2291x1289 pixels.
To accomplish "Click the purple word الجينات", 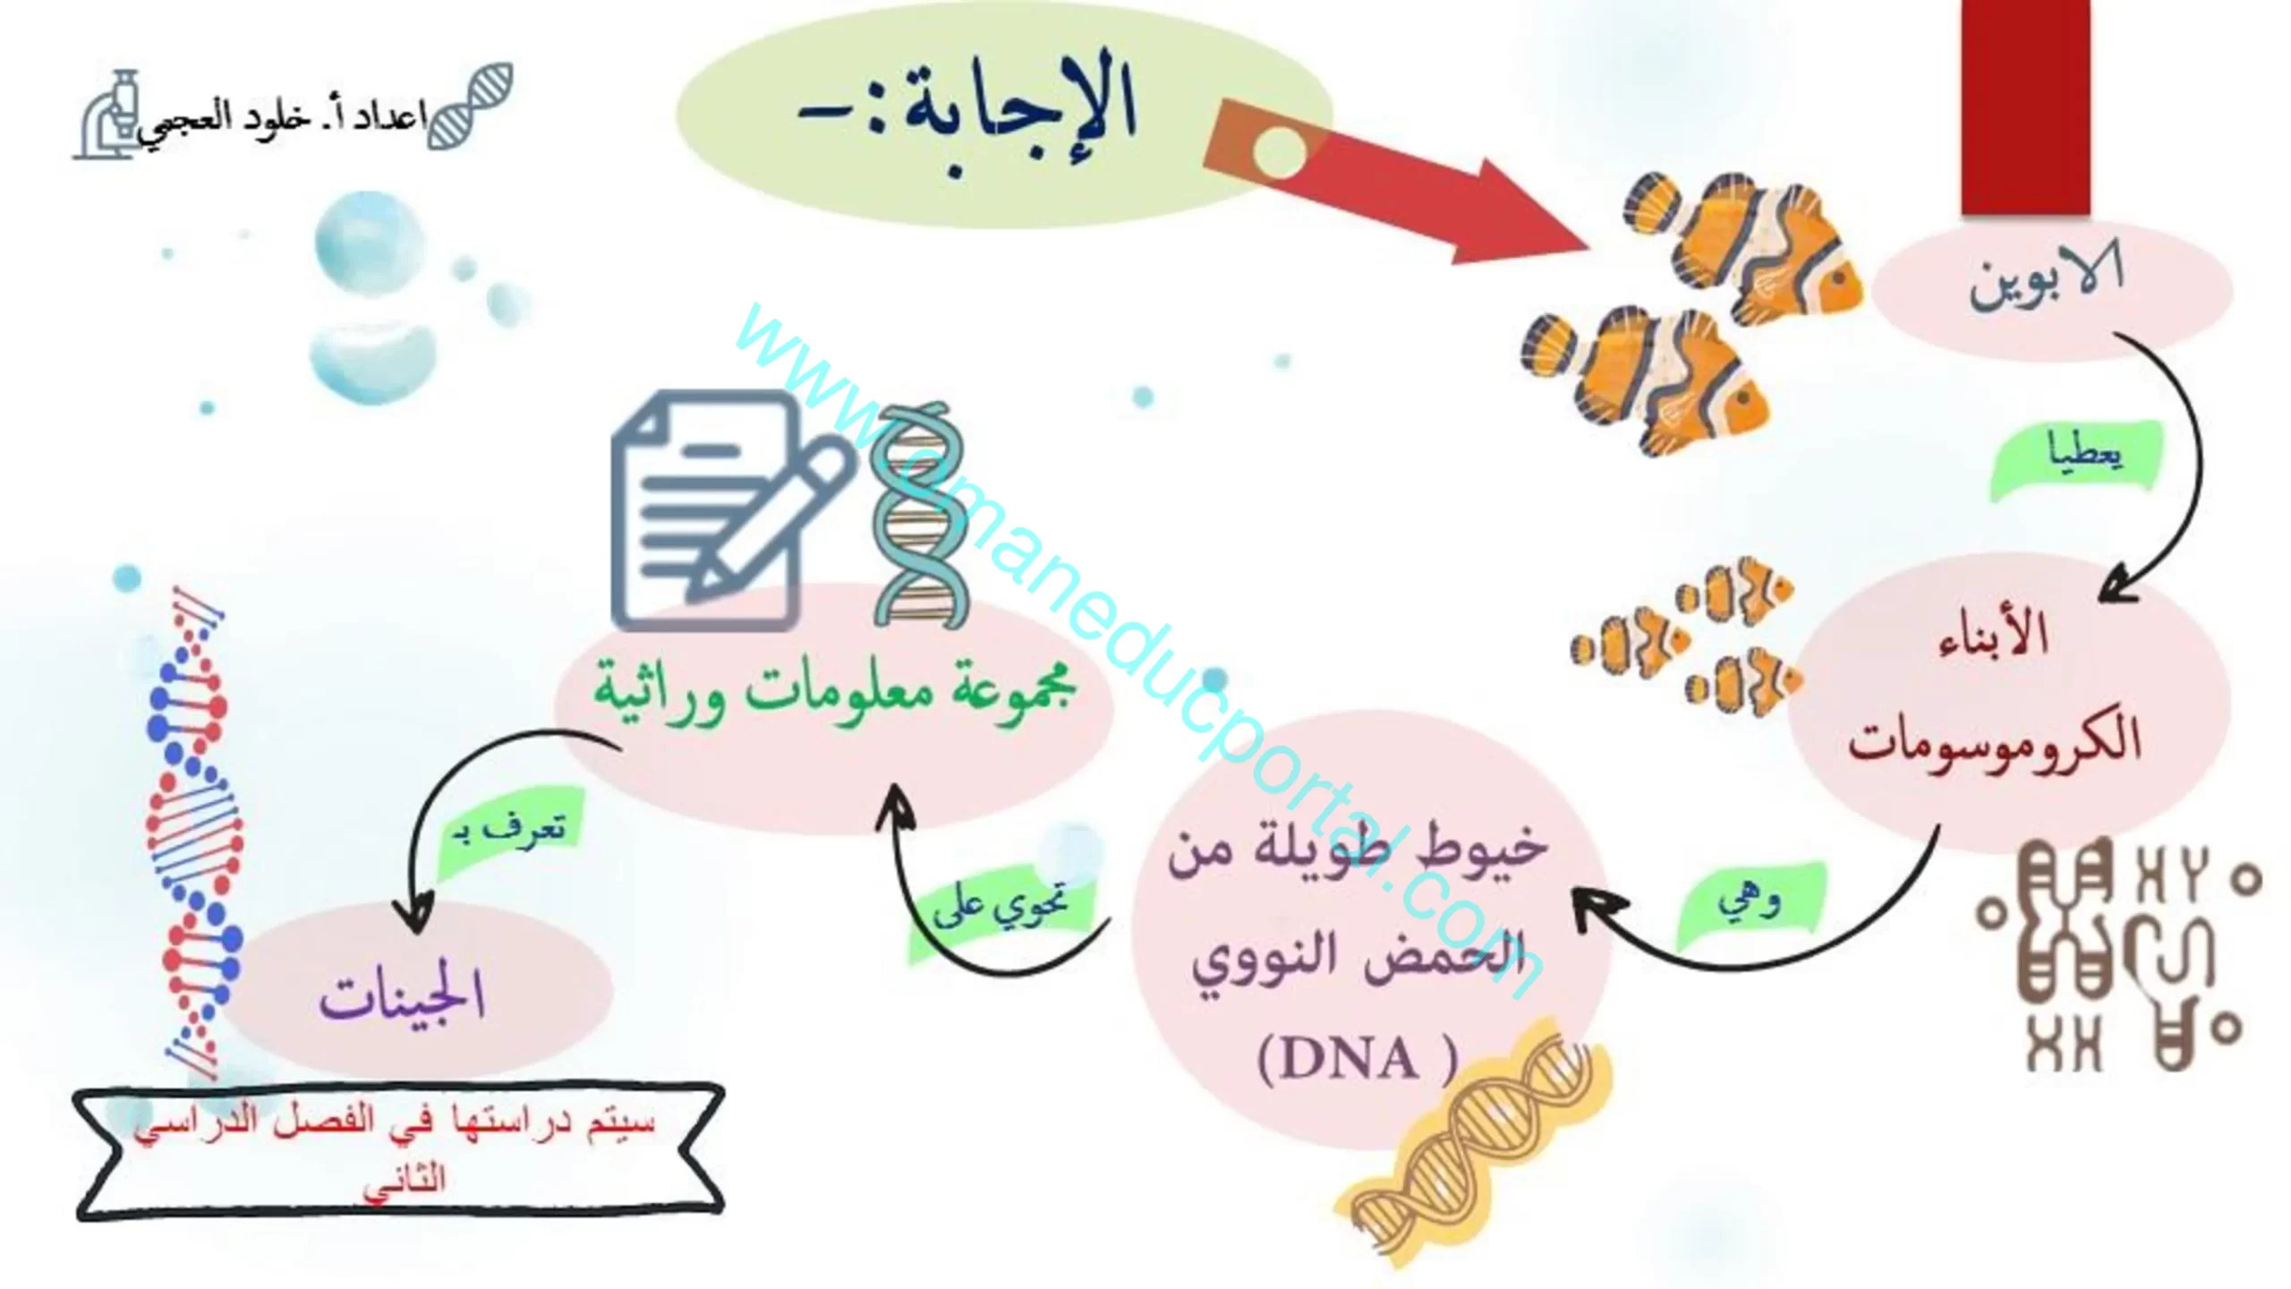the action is pyautogui.click(x=403, y=996).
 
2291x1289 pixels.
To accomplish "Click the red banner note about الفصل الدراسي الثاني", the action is pyautogui.click(x=399, y=1150).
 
